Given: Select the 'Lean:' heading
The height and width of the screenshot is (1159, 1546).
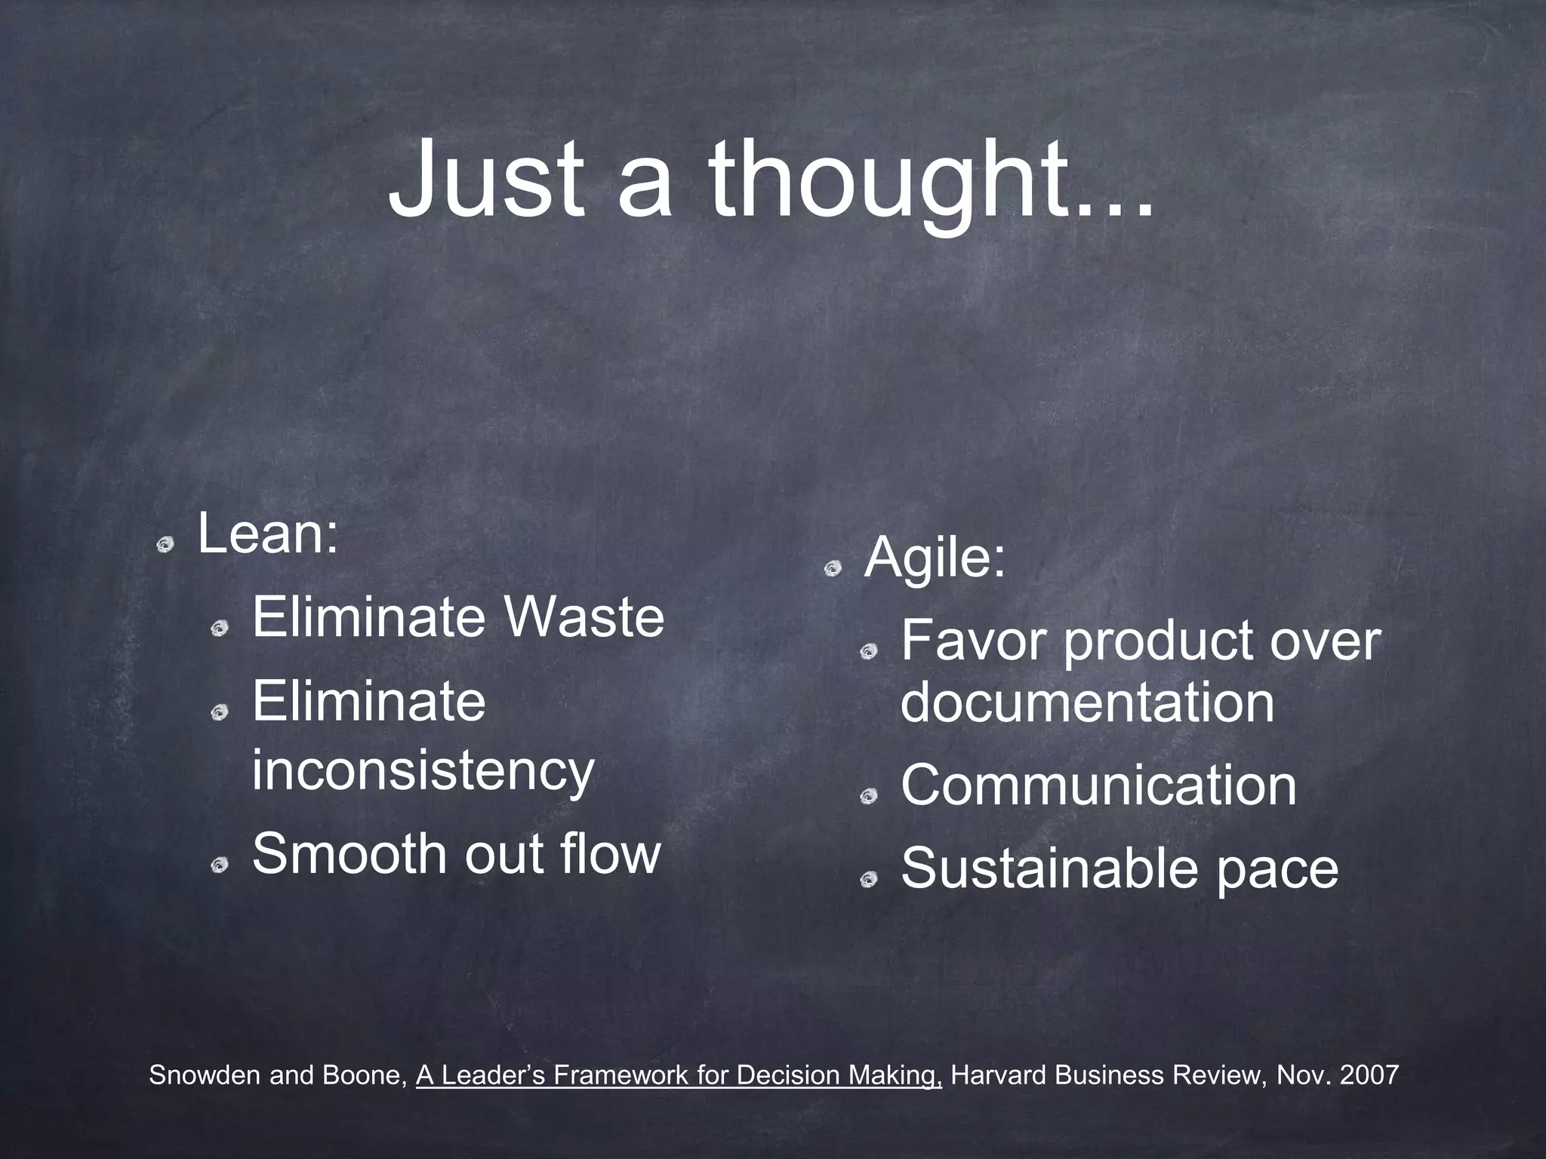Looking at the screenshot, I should point(268,533).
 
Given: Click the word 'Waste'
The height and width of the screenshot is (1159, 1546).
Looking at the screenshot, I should point(585,617).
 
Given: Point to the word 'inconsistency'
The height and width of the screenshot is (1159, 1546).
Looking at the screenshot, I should point(423,771).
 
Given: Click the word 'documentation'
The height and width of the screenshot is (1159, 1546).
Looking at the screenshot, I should point(1087,702).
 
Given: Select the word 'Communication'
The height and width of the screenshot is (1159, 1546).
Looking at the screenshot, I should point(1098,785).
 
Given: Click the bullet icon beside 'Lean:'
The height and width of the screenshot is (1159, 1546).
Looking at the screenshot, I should point(165,544).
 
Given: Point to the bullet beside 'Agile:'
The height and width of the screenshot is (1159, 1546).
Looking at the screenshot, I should point(832,568).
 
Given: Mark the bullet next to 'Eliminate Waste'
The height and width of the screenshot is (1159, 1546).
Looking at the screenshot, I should point(220,628).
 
